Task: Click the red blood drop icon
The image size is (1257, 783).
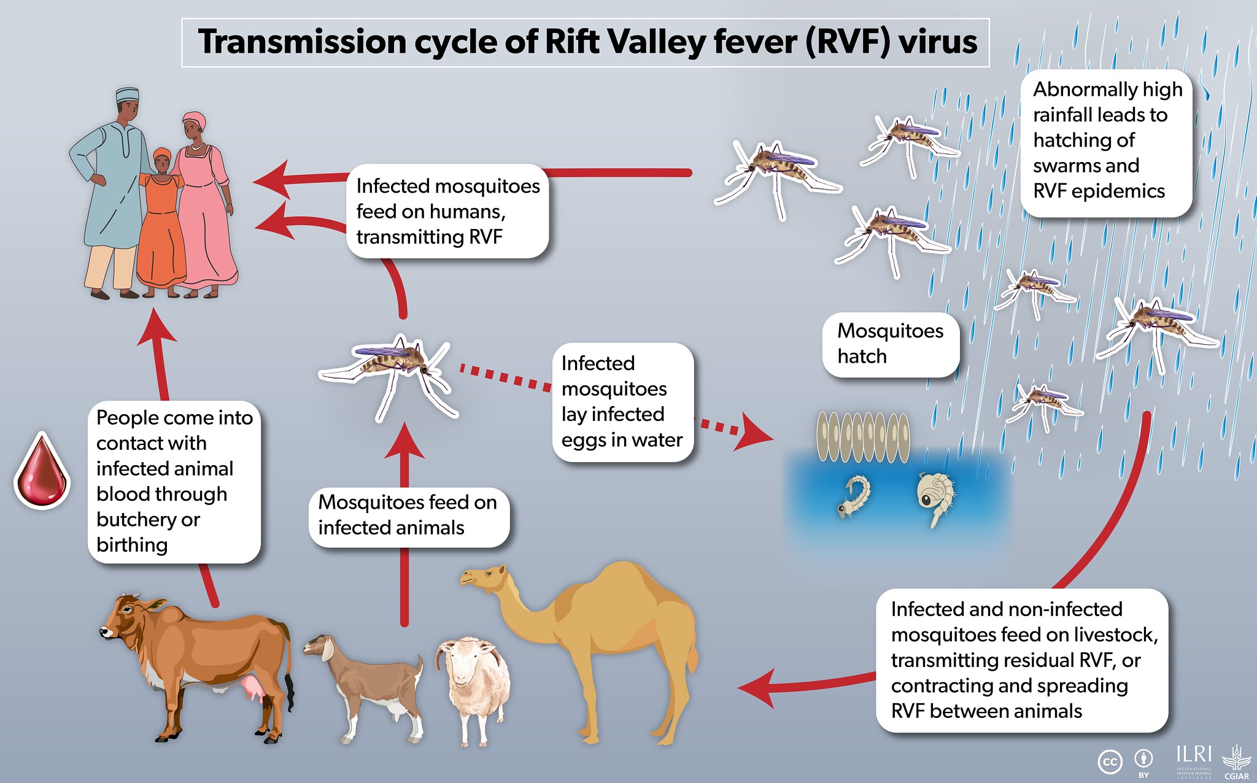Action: (42, 471)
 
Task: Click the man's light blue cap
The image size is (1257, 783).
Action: (127, 96)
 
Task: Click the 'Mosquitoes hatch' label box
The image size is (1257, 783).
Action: (890, 344)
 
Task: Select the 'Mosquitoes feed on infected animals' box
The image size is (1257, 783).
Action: (409, 517)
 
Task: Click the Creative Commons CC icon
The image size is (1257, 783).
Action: (1110, 762)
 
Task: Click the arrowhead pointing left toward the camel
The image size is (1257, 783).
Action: (756, 688)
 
